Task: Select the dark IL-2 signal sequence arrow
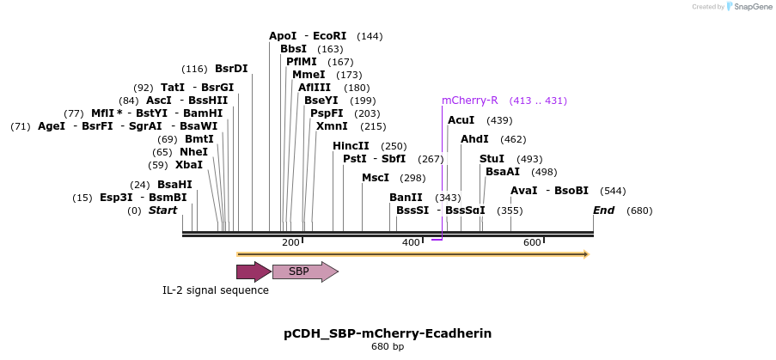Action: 254,272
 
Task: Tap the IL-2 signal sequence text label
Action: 216,290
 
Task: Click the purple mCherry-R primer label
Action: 469,101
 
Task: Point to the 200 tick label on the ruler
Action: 290,243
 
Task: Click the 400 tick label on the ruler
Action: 411,243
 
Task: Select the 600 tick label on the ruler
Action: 532,243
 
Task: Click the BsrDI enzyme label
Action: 231,69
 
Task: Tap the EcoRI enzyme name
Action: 330,36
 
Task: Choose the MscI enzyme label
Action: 376,178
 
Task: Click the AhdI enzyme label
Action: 474,139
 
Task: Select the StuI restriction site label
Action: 492,159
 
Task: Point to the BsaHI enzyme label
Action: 174,185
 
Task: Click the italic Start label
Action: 163,211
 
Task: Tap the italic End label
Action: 604,211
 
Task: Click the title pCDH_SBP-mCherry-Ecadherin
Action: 388,333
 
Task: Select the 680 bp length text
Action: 388,347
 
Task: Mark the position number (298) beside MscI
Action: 412,178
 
